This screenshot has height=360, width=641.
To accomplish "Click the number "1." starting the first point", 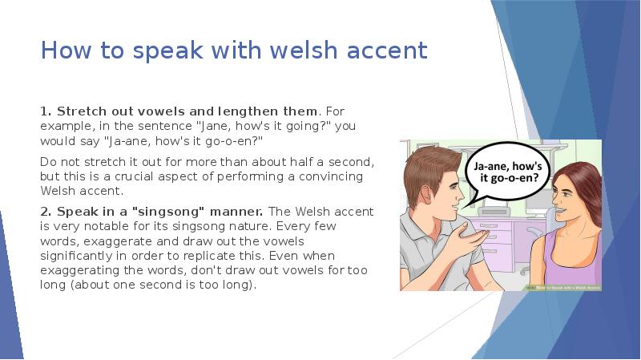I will click(46, 110).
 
